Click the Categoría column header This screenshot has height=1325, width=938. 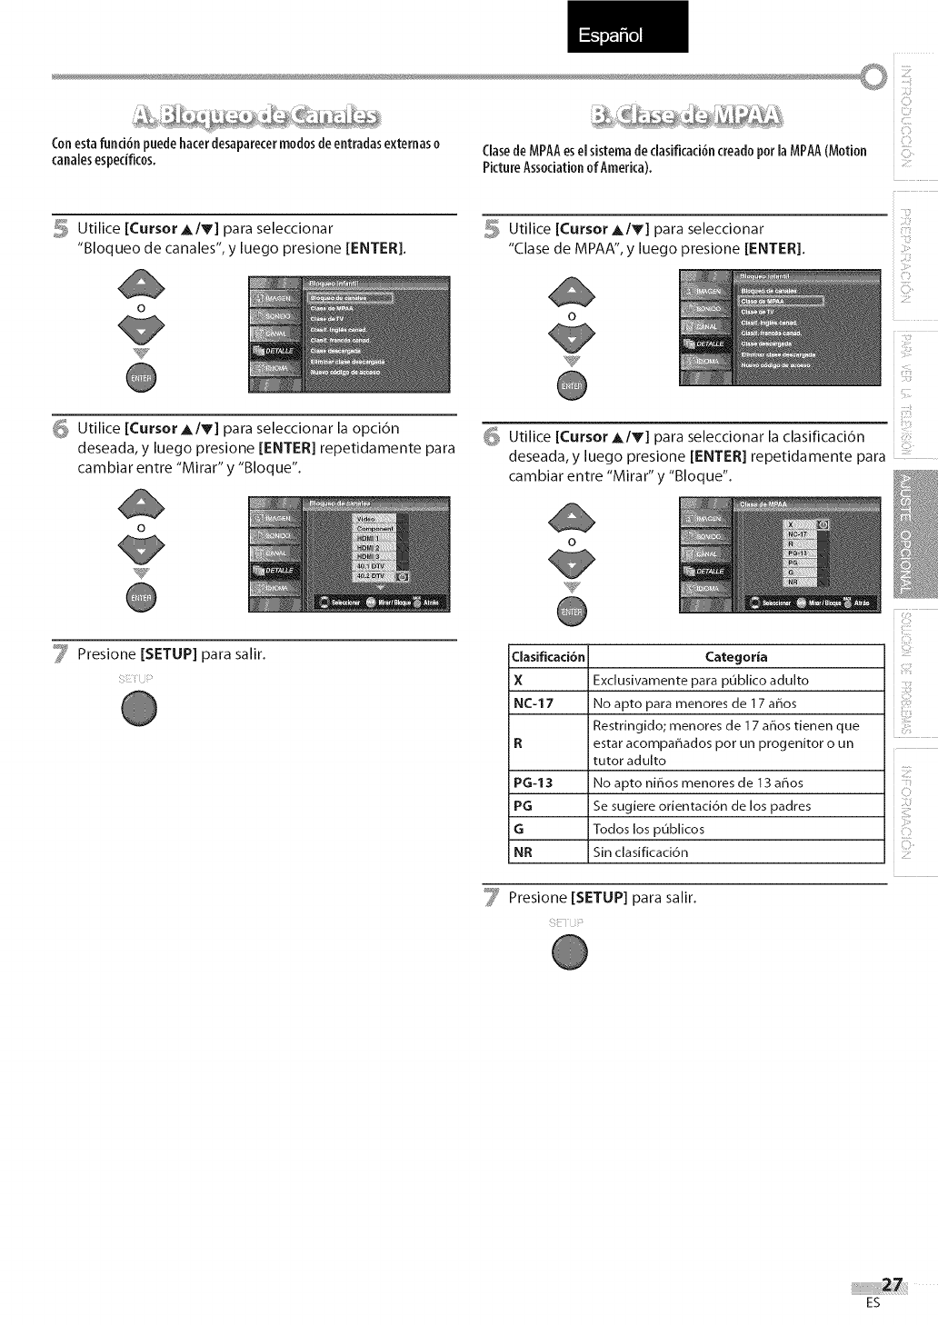point(736,656)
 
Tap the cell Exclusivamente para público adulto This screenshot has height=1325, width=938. point(700,680)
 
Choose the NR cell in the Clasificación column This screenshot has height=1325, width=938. point(523,852)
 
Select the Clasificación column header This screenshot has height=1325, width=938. point(549,656)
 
